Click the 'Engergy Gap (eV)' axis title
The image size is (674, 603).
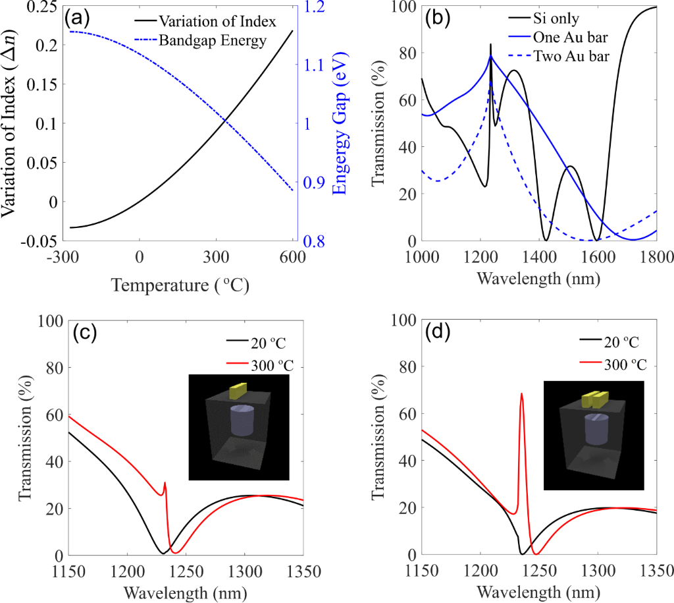(x=340, y=124)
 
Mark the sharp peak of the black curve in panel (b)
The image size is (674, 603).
(x=490, y=45)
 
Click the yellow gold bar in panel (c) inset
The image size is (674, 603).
(x=238, y=391)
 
